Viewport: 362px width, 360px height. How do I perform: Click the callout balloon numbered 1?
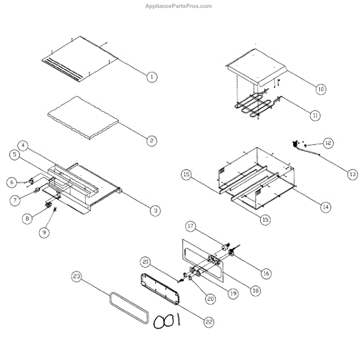click(x=152, y=77)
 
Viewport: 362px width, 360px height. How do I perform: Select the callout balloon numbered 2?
click(x=152, y=141)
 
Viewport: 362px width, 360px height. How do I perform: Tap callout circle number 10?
click(x=321, y=89)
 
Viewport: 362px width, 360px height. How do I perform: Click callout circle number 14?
click(x=325, y=206)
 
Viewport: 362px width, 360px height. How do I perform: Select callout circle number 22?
click(x=209, y=322)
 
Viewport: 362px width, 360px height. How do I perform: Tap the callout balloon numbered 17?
click(x=191, y=227)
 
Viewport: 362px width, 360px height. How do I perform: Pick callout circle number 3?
click(x=156, y=210)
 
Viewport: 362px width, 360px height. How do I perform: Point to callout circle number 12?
click(x=328, y=143)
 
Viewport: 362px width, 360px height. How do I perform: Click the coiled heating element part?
click(x=253, y=107)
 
